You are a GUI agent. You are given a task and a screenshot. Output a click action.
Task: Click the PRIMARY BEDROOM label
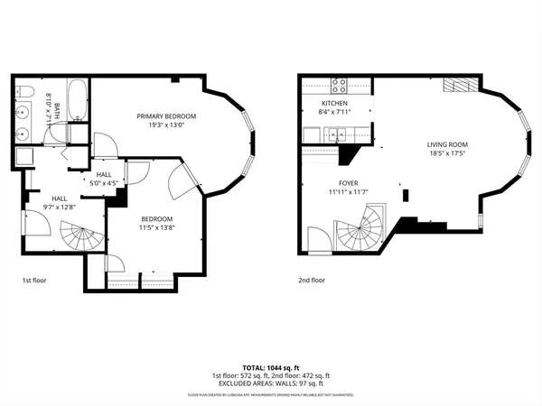pos(166,116)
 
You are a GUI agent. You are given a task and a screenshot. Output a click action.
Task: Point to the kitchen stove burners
pos(341,86)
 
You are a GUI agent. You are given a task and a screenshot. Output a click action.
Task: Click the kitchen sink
pos(336,136)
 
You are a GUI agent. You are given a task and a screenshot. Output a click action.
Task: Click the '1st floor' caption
pos(33,281)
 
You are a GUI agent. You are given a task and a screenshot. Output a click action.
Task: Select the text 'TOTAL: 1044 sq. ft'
pos(271,367)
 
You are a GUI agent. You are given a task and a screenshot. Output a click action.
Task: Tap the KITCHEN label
pos(333,104)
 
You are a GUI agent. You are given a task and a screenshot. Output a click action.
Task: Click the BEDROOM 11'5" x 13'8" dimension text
pos(156,227)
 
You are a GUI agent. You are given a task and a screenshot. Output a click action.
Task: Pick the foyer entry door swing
pos(319,238)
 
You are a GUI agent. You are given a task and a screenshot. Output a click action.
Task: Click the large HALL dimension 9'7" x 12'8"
pos(59,207)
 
